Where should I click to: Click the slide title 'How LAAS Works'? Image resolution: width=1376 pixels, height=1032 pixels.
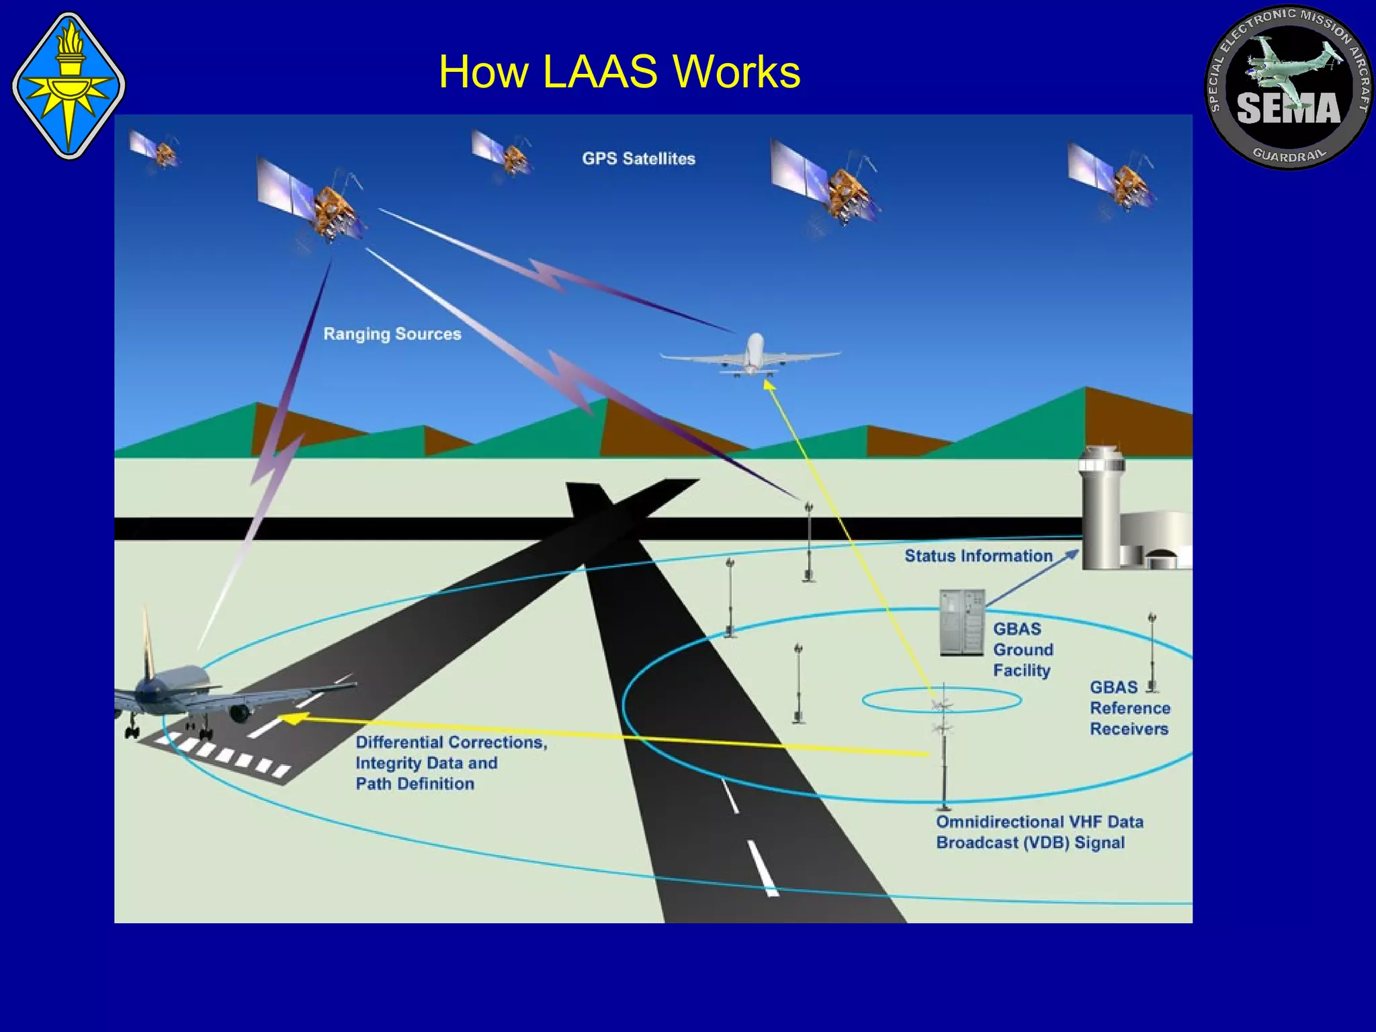click(x=619, y=71)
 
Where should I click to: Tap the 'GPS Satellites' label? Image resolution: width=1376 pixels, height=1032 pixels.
click(x=638, y=159)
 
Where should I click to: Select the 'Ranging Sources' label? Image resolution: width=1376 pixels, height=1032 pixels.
click(x=392, y=334)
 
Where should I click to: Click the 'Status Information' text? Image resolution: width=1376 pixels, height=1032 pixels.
click(x=978, y=556)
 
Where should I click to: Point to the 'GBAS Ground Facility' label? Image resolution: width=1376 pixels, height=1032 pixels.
click(x=1023, y=649)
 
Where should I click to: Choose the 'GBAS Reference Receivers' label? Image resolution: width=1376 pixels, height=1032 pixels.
click(x=1129, y=708)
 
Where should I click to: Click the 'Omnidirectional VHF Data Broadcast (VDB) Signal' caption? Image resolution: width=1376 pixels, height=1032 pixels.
click(x=1039, y=832)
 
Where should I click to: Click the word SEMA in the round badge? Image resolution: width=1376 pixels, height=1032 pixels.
click(x=1288, y=109)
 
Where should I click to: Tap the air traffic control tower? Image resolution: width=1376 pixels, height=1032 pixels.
click(x=1102, y=511)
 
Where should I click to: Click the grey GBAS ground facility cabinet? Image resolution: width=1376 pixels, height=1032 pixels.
click(x=962, y=622)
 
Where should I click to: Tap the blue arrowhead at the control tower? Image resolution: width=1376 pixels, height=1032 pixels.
click(x=1072, y=554)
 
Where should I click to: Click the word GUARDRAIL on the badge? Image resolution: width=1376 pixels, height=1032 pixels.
click(x=1289, y=155)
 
